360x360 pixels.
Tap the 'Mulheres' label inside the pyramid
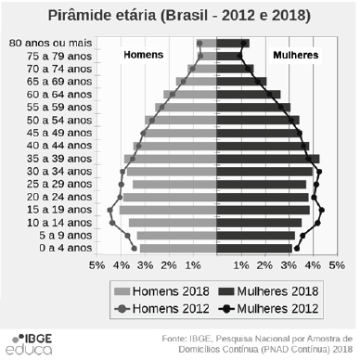point(295,55)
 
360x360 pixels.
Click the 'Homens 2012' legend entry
point(158,308)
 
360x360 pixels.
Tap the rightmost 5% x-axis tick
point(339,265)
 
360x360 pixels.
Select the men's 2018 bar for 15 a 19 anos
point(168,210)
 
